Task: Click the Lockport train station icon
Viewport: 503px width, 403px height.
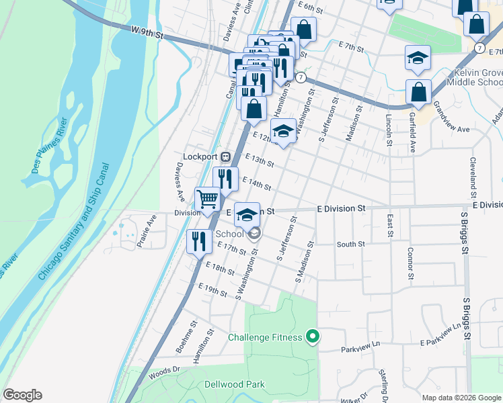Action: click(x=227, y=156)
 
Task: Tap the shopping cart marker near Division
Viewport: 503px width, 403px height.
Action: click(x=208, y=198)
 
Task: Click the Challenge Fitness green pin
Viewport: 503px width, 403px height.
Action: click(x=312, y=337)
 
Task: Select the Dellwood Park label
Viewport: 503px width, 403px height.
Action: click(x=234, y=385)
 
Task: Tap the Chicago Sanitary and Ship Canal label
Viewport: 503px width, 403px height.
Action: click(x=75, y=221)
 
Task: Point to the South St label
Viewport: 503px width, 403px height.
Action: click(x=350, y=244)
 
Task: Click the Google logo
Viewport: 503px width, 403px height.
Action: click(x=22, y=395)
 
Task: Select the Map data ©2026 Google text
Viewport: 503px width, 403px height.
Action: click(x=461, y=397)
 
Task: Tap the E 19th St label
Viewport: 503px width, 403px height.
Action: click(x=213, y=289)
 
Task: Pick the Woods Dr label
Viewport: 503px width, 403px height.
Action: click(x=165, y=370)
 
